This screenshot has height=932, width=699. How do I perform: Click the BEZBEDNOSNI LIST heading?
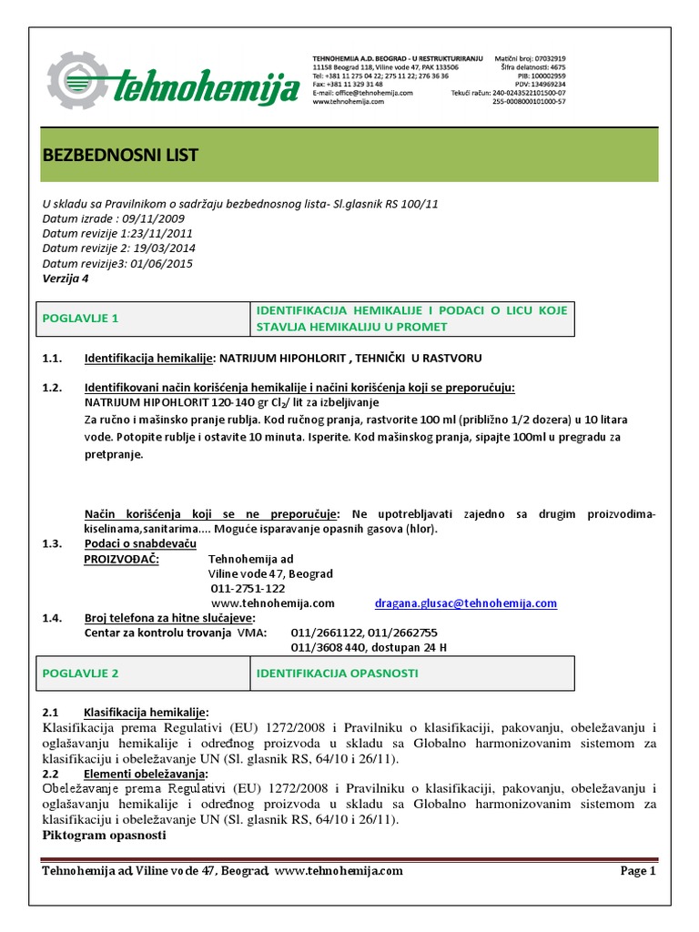tap(120, 156)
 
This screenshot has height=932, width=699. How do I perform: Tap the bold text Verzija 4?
tap(66, 279)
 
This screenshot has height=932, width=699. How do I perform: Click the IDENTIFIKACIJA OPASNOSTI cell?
tap(337, 674)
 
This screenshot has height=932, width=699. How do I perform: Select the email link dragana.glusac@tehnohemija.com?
tap(465, 603)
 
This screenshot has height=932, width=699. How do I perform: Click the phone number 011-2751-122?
tap(247, 589)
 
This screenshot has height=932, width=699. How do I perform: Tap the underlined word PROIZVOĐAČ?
tap(121, 559)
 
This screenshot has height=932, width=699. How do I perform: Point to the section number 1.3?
tap(52, 544)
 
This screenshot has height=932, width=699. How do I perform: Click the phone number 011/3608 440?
tap(327, 648)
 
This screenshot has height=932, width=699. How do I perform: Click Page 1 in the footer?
tap(637, 871)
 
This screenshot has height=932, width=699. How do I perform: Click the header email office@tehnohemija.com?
tap(363, 93)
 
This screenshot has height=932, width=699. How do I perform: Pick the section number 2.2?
tap(51, 773)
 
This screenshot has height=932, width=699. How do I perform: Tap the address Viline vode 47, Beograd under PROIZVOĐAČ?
tap(271, 574)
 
